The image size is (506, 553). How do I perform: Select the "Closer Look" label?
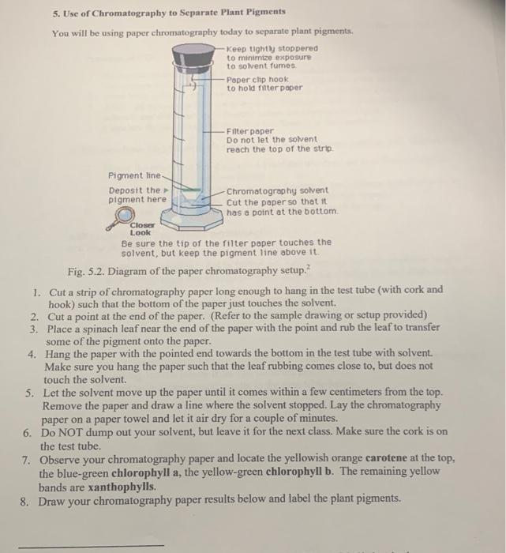tap(140, 229)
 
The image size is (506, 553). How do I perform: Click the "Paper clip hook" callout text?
tap(257, 84)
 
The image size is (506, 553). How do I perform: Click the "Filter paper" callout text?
tap(249, 130)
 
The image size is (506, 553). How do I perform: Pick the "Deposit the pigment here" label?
tap(137, 194)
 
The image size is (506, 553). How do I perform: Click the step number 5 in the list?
tap(28, 393)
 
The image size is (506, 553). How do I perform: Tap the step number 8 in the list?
tap(28, 499)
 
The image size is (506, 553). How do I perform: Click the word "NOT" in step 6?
tap(75, 432)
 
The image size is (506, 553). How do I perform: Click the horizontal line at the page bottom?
tap(92, 544)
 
